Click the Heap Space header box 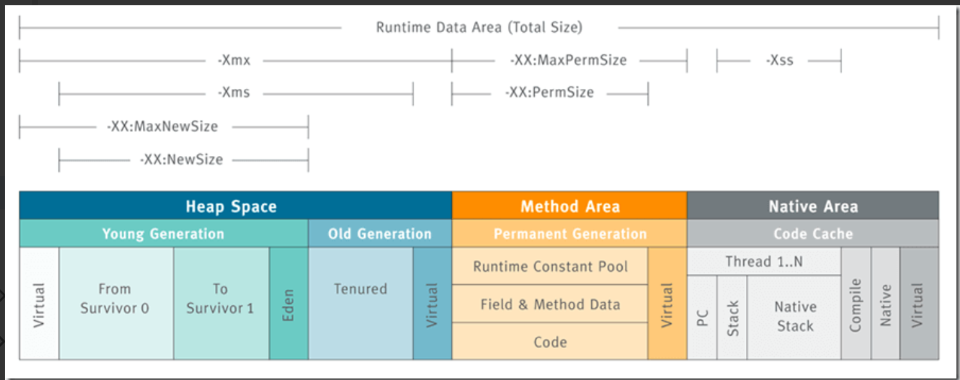[235, 205]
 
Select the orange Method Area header [569, 205]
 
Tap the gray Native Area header [813, 205]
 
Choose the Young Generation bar [163, 233]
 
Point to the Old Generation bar [380, 233]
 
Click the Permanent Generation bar [569, 233]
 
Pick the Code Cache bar [813, 233]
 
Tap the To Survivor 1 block [221, 303]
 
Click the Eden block [288, 303]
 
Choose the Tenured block [360, 303]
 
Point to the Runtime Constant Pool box [550, 266]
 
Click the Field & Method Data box [550, 304]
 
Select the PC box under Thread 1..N [702, 318]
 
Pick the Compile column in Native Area [856, 303]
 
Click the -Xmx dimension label [234, 60]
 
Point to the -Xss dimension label [780, 60]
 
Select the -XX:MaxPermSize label [568, 60]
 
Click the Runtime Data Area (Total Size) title [479, 28]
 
